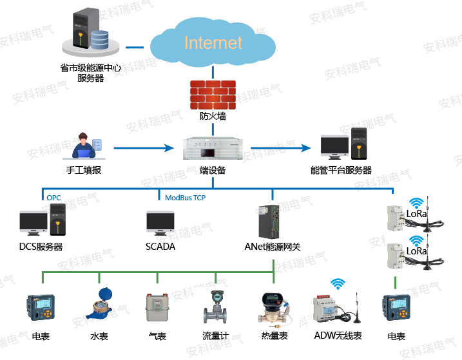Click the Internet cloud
(x=213, y=43)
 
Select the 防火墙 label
(x=213, y=117)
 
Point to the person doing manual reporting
(x=84, y=146)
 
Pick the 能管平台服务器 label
(x=341, y=171)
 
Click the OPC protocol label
(x=53, y=197)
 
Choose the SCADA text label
(x=160, y=247)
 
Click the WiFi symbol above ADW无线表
(x=338, y=283)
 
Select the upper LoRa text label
(x=417, y=213)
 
